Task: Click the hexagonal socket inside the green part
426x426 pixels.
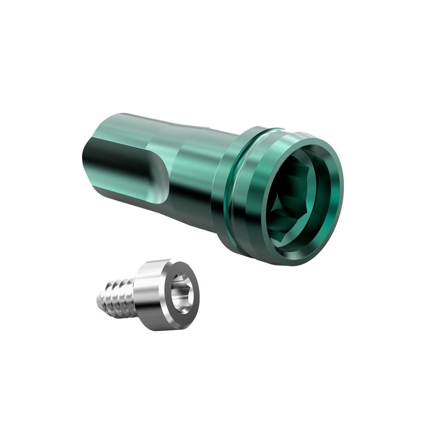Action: pyautogui.click(x=294, y=200)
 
